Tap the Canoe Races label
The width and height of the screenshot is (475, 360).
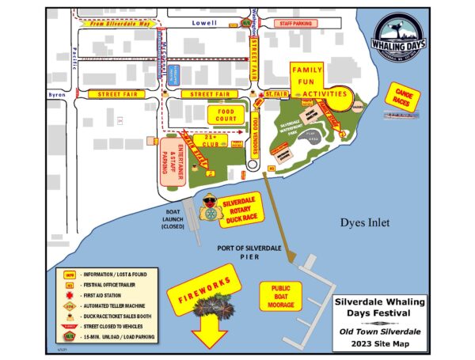point(402,98)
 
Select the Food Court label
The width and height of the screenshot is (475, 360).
point(223,116)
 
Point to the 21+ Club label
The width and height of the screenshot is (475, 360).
point(210,141)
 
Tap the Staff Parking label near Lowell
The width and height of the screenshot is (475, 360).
point(295,25)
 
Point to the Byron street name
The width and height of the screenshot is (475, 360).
point(57,93)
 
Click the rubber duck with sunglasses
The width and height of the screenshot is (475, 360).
point(210,207)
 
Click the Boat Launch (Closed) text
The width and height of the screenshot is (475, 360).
point(173,221)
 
